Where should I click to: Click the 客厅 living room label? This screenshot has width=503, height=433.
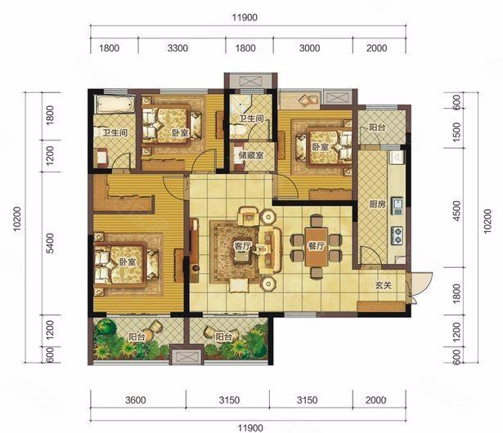pos(242,246)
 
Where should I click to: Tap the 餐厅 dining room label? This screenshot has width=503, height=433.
pos(317,246)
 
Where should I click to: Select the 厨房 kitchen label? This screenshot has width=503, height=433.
pos(377,204)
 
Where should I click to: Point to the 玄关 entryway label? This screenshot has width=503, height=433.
pos(384,285)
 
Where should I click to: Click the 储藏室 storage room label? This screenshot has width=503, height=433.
pos(251,155)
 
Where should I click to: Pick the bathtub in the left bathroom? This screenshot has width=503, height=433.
pos(115,104)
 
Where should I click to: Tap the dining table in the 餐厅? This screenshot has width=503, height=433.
pos(317,247)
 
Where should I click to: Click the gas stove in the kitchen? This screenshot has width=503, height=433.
pos(397,235)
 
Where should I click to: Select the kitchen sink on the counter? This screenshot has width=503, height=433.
pos(397,207)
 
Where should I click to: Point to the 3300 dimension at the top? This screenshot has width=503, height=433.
pos(177,48)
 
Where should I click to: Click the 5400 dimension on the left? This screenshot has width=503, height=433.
pos(51,243)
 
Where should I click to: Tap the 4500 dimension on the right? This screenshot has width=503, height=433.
pos(457,211)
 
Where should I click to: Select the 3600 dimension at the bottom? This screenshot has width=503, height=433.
pos(136,400)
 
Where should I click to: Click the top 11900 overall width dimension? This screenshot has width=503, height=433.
pos(245,17)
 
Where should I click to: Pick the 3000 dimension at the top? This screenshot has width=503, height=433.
pos(309,48)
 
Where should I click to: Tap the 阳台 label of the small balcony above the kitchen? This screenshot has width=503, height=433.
pos(377,127)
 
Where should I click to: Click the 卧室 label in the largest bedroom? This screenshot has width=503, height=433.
pos(128,262)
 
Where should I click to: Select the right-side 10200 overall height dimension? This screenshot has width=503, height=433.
pos(487,221)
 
